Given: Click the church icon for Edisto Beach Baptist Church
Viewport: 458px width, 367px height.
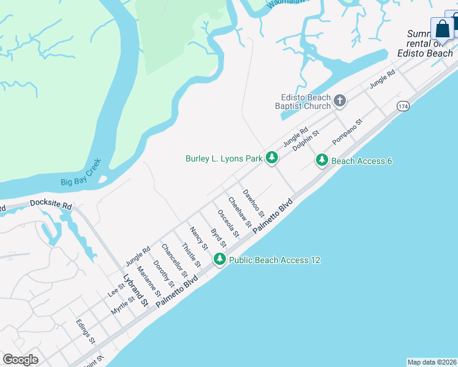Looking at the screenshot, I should click(340, 100).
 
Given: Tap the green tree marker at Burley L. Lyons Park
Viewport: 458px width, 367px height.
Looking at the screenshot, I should click(272, 158).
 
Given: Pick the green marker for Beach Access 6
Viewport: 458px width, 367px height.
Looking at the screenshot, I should click(321, 160).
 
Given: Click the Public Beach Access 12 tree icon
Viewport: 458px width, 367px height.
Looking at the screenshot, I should click(220, 260).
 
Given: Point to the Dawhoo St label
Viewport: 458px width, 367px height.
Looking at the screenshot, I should click(253, 203).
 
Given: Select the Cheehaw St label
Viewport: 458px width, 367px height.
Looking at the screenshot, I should click(239, 211).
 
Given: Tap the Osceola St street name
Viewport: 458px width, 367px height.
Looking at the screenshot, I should click(228, 223).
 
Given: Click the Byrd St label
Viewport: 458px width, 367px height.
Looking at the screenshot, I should click(219, 238).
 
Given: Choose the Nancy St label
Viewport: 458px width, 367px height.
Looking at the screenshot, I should click(198, 238).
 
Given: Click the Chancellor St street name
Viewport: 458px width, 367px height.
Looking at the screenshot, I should click(174, 259).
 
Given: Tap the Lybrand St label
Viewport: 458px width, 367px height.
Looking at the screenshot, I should click(135, 289).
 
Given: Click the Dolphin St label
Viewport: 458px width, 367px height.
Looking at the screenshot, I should click(306, 141).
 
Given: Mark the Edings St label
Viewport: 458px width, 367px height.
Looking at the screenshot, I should click(85, 331).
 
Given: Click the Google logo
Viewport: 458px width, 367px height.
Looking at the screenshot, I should click(20, 360).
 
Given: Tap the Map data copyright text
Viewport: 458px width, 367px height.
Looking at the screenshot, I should click(432, 361).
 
